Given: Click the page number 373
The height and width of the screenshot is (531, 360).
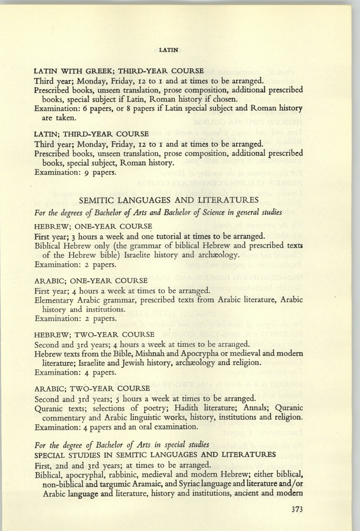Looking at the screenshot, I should (292, 511).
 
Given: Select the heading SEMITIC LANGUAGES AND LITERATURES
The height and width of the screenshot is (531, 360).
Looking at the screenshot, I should (179, 200).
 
